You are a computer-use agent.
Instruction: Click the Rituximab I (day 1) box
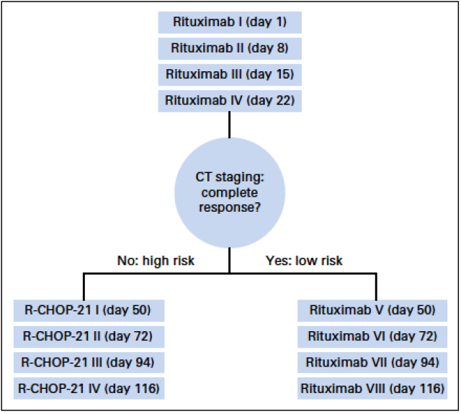pos(230,22)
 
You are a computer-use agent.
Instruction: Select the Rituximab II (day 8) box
pos(230,48)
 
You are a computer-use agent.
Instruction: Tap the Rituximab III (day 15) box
pos(230,75)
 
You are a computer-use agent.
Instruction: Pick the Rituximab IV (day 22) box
pos(230,101)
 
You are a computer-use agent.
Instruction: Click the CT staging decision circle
pos(230,192)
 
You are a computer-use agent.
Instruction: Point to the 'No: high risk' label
pos(156,261)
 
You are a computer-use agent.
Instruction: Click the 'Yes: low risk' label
pos(304,261)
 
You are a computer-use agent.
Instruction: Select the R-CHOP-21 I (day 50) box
pos(89,310)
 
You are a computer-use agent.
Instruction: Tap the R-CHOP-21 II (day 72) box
pos(89,337)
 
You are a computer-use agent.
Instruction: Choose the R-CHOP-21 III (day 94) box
pos(89,363)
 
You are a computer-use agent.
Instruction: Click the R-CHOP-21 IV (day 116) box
pos(89,388)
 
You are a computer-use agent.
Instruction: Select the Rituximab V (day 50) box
pos(372,310)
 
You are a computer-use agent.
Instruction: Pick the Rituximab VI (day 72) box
pos(372,337)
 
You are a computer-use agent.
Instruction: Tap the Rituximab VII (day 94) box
pos(372,363)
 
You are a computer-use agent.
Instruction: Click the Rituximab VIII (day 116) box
pos(372,388)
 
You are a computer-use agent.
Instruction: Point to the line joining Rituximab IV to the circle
pos(230,125)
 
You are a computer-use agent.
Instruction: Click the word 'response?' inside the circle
pos(230,207)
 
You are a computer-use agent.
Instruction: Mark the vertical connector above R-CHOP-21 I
pos(84,287)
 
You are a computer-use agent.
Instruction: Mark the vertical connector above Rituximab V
pos(376,287)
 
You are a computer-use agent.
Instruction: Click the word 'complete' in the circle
pos(230,193)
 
